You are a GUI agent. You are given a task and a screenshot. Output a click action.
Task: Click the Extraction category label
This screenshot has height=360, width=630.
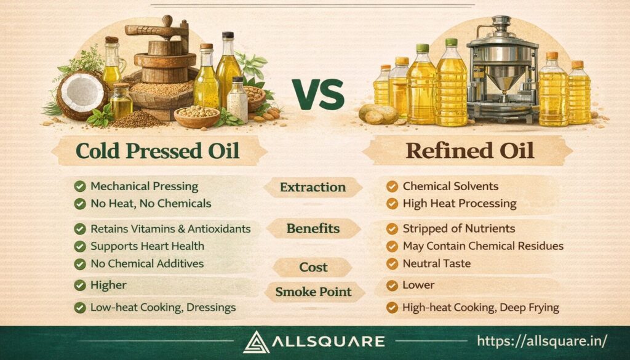(313, 187)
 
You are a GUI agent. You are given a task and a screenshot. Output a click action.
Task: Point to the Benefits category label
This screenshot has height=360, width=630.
(313, 229)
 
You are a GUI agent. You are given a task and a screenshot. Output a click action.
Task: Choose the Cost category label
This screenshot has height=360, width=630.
(313, 267)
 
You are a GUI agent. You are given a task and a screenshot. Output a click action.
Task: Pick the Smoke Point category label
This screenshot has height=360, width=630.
(313, 292)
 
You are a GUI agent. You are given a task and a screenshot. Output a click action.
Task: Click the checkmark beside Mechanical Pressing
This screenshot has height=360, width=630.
(79, 186)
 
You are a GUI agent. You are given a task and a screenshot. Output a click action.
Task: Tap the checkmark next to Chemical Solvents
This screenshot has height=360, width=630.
(391, 186)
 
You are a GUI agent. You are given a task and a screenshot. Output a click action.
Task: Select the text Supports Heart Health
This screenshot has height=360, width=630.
(147, 246)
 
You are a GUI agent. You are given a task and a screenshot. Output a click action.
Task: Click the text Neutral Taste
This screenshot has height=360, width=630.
(436, 263)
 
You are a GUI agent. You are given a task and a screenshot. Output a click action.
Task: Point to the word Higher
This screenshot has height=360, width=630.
(108, 285)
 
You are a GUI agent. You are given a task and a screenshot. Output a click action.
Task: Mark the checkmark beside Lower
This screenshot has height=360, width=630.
(391, 286)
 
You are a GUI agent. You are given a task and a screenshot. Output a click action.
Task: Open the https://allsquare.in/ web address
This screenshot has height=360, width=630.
(542, 340)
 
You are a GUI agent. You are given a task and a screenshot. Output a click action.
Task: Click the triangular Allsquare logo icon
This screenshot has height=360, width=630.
(257, 342)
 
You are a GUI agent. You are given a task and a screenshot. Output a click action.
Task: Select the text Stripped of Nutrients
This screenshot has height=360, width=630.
(458, 229)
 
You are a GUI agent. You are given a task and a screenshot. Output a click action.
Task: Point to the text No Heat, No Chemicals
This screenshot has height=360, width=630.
(151, 203)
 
